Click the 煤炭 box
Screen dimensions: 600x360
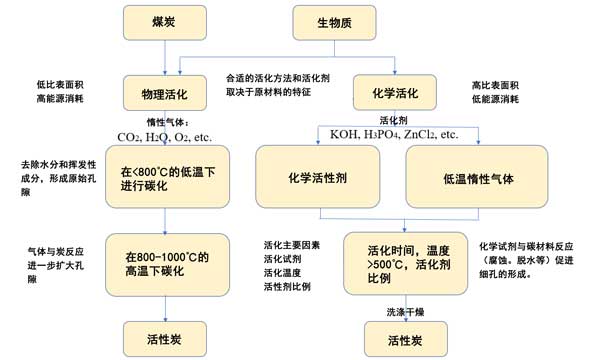tap(165, 23)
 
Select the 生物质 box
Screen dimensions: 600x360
tap(334, 23)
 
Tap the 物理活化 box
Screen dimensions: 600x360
tap(165, 93)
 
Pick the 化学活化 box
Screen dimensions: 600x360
tap(395, 93)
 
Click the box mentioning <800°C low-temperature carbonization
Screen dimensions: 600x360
tap(168, 177)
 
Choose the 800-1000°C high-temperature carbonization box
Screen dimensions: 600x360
tap(168, 265)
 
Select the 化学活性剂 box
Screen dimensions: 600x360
tap(318, 177)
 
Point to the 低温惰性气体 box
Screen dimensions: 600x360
tap(477, 177)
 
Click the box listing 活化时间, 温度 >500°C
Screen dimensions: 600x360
tap(406, 264)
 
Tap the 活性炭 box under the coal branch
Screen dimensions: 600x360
tap(165, 339)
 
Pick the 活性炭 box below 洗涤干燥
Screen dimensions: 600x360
tap(406, 339)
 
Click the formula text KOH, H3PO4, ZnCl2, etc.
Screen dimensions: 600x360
tap(394, 134)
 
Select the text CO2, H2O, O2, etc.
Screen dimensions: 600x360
tap(165, 137)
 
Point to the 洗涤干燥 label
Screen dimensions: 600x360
tap(405, 312)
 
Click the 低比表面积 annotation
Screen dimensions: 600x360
tap(60, 84)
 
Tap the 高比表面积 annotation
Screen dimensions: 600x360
tap(495, 85)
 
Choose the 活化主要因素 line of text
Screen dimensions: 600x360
tap(292, 245)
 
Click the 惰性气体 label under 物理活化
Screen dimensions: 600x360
tap(168, 122)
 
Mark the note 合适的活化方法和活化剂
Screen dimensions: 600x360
tap(278, 78)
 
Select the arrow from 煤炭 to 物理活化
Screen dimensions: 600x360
tap(165, 57)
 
